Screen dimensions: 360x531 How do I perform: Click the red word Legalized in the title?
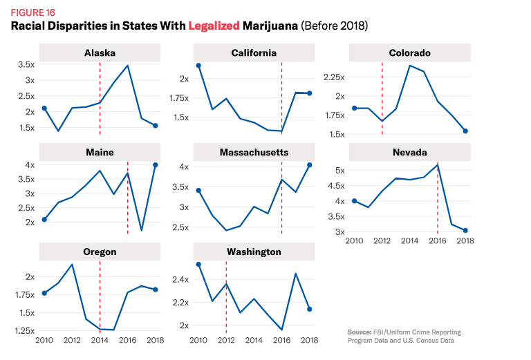213,26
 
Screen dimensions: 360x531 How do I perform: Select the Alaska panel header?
100,53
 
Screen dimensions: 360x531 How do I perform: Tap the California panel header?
254,53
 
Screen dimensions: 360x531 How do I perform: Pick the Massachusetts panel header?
254,152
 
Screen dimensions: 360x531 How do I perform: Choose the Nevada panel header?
409,152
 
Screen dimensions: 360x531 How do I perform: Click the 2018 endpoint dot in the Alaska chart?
156,125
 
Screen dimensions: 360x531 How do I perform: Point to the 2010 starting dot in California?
198,66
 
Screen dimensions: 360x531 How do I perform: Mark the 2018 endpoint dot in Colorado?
465,131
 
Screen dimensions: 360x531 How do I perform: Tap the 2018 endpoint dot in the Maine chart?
156,164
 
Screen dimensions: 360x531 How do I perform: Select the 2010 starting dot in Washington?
198,265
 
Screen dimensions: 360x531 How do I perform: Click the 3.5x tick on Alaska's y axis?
26,64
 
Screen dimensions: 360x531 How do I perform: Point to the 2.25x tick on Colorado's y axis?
331,77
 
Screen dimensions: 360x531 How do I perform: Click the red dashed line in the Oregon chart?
100,297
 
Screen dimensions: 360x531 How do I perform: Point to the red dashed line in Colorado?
382,97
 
